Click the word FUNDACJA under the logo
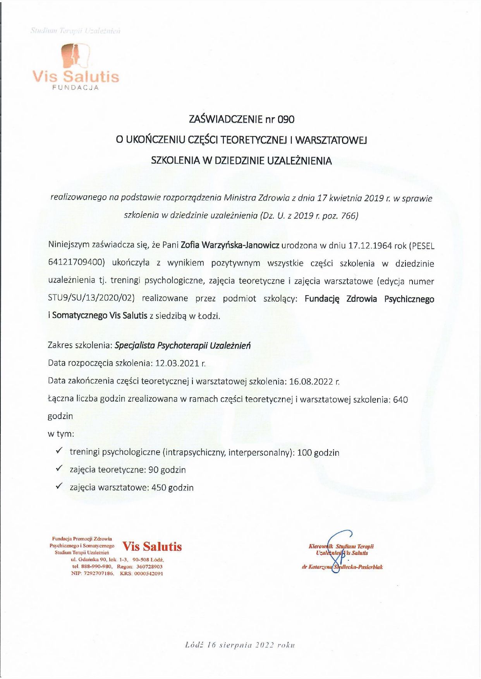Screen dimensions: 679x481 coord(76,88)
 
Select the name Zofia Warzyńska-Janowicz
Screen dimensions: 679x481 coord(230,245)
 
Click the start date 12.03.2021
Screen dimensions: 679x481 coord(177,363)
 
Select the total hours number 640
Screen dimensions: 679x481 coord(400,400)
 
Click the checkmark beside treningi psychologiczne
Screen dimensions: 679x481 coord(59,451)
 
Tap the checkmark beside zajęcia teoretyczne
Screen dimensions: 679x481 coord(59,469)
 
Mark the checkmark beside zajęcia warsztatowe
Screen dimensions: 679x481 coord(59,486)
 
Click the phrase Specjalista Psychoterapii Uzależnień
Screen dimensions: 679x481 coord(182,345)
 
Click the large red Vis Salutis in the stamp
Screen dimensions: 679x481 coord(152,546)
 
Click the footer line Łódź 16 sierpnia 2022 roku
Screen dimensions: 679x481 coord(240,645)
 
